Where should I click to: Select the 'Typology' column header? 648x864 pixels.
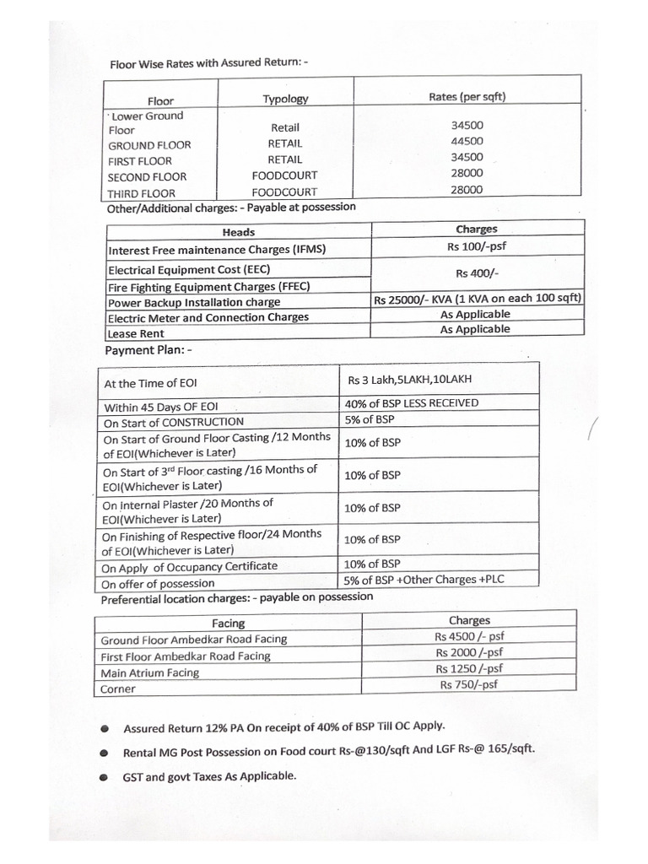285,99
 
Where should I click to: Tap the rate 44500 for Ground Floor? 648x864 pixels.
467,141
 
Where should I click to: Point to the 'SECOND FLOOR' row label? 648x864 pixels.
147,176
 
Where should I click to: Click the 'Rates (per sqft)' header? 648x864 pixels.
467,96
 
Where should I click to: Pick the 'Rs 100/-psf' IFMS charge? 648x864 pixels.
478,246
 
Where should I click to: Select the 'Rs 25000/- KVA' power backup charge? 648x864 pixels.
478,300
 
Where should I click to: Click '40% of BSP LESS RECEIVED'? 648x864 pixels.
411,402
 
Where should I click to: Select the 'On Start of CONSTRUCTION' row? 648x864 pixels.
173,421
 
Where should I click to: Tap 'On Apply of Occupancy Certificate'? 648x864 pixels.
189,565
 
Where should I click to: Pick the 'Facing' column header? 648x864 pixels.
228,624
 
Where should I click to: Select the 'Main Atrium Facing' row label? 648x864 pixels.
150,672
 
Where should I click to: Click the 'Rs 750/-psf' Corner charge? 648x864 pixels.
468,684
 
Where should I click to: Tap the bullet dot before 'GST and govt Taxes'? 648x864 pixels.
102,776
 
